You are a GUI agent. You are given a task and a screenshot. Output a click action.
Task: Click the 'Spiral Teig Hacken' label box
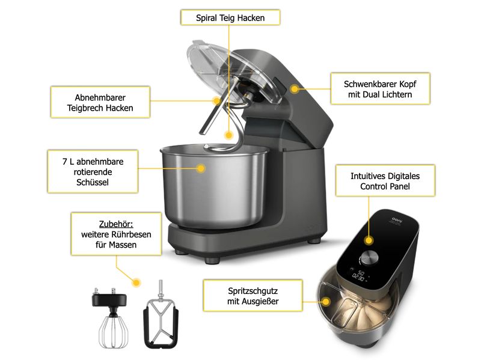coord(230,17)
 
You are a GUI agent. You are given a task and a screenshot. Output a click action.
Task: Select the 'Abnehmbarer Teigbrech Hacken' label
coord(100,102)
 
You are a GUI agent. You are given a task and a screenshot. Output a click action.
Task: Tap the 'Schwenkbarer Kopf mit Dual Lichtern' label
coord(380,89)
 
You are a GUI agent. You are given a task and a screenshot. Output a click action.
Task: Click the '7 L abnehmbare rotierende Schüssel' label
coord(93,172)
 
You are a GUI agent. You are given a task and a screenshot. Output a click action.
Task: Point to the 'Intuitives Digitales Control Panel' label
coord(385,181)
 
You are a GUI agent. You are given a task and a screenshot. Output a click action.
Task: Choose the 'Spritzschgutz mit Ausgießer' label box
coord(253,296)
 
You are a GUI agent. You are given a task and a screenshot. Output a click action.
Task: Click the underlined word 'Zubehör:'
coord(116,224)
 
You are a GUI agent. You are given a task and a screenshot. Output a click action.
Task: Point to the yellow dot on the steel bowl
coord(201,168)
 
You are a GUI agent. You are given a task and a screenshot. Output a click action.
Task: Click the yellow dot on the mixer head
coord(295,89)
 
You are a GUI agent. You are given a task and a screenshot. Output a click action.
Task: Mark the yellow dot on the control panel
coord(369,240)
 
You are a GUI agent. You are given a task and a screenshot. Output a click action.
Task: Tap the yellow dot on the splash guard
coord(326,302)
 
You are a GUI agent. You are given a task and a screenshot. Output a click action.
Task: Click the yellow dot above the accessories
coord(136,282)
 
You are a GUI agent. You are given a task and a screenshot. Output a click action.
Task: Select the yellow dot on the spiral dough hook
coord(228,135)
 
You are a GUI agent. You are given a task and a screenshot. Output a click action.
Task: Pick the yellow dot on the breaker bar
coord(217,100)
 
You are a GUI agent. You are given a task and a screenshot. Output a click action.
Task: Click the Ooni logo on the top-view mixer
coord(397,220)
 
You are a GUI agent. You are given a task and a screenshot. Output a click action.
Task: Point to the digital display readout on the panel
coord(359,275)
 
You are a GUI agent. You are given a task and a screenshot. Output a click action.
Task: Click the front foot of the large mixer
coord(212,260)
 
